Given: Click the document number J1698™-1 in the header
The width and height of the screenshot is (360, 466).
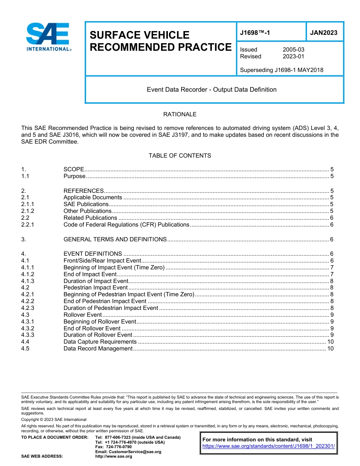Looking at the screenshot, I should click(255, 33).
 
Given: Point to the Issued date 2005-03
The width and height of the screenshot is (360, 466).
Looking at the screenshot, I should click(293, 50).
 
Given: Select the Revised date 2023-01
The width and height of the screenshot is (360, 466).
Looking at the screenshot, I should click(293, 56).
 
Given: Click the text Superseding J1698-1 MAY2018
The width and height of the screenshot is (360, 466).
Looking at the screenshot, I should click(282, 70).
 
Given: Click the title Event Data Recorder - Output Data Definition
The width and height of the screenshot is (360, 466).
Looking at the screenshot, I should click(211, 90).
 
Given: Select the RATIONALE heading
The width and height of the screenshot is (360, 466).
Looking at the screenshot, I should click(180, 114).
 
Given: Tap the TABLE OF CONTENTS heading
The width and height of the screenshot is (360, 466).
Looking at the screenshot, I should click(180, 156).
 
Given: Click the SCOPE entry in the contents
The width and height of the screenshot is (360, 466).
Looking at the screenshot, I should click(74, 169).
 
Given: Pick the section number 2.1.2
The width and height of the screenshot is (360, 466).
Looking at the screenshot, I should click(28, 211).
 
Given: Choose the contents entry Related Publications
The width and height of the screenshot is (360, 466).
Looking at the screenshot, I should click(90, 218).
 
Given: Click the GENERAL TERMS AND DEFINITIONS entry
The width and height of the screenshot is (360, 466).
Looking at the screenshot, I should click(115, 239).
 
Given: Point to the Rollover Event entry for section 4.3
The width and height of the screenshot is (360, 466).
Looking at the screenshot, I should click(83, 315).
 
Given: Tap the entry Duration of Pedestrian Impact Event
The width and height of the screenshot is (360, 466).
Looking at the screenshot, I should click(111, 308).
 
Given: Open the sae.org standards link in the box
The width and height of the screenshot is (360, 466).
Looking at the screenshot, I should click(269, 446).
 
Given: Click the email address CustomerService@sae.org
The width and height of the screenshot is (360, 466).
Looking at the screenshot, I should click(128, 452).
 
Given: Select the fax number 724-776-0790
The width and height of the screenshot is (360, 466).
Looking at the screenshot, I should click(119, 447).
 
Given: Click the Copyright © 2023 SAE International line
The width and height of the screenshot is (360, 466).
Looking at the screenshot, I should click(54, 419).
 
